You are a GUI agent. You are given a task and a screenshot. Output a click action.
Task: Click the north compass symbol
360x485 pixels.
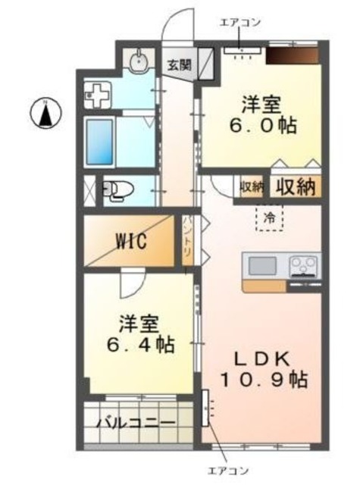[x=45, y=113]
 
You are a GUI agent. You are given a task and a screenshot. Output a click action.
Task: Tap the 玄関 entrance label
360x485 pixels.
[x=180, y=65]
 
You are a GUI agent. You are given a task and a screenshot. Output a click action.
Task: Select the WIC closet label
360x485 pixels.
[x=131, y=241]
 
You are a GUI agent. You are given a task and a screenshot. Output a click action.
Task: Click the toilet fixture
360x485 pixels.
[x=118, y=189]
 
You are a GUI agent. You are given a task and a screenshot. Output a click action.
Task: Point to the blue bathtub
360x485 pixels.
[x=99, y=142]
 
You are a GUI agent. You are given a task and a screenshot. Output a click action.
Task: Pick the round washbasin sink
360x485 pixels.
[x=139, y=62]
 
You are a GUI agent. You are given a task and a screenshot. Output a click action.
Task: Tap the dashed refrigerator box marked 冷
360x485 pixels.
[x=269, y=217]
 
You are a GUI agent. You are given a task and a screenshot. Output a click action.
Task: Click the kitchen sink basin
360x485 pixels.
[x=262, y=266]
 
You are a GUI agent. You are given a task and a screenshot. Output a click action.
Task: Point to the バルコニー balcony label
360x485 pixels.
[x=136, y=423]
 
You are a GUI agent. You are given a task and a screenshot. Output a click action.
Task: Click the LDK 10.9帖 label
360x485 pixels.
[x=264, y=369]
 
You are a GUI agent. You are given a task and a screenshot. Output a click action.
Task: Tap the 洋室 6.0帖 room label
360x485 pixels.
[x=262, y=114]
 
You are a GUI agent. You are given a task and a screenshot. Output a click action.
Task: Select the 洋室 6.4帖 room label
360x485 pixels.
[x=141, y=334]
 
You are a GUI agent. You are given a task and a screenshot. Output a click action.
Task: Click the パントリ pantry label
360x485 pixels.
[x=188, y=236]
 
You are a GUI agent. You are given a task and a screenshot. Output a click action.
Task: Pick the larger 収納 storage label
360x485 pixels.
[x=296, y=186]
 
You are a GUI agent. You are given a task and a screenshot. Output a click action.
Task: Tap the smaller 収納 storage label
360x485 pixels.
[x=252, y=186]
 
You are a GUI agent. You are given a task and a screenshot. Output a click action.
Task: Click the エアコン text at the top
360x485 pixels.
[x=240, y=22]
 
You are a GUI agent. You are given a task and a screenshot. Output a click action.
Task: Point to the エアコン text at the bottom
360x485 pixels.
[x=227, y=471]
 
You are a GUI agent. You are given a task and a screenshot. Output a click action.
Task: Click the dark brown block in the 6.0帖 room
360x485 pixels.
[x=293, y=55]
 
